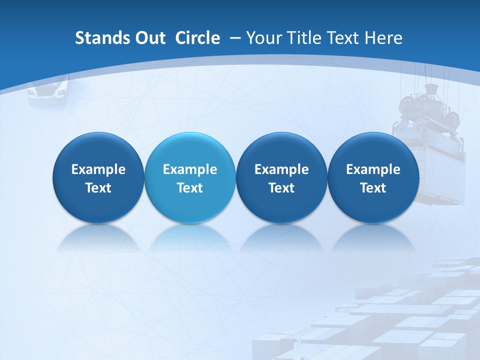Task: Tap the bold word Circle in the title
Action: click(197, 38)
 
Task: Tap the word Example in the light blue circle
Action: click(190, 169)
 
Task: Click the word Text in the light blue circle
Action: click(190, 188)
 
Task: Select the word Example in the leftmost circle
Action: click(98, 169)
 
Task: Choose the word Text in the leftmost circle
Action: click(98, 188)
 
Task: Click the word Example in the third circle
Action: click(281, 169)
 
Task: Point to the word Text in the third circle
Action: click(281, 188)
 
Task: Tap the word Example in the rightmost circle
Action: click(373, 169)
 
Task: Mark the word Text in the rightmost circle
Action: click(373, 188)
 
